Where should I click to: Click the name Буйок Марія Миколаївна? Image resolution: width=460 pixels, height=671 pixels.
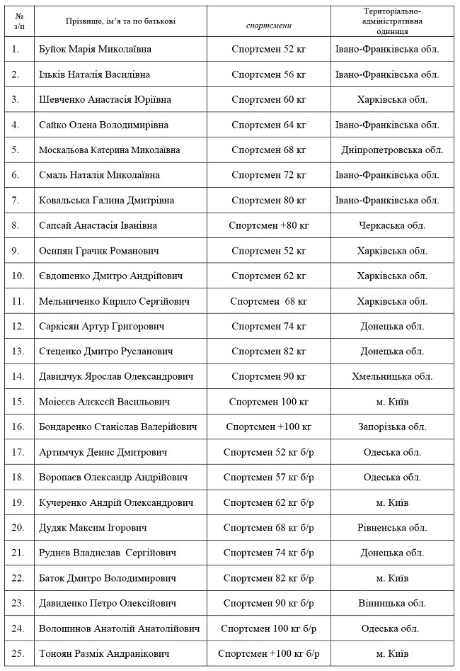coord(96,50)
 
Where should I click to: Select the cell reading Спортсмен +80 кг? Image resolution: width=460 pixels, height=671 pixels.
coord(268,225)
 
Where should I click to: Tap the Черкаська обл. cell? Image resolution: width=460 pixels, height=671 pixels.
coord(391,225)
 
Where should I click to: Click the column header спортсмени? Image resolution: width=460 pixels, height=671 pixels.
coord(268,25)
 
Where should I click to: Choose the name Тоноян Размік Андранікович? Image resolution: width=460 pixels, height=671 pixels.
coord(105,653)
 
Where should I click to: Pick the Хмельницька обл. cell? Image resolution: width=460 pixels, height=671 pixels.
coord(391,376)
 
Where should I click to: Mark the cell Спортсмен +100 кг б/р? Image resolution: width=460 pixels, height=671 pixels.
coord(268,653)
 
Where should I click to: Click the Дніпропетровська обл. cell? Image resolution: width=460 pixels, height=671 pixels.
coord(391,150)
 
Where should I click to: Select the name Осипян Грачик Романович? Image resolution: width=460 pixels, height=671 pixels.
coord(99,251)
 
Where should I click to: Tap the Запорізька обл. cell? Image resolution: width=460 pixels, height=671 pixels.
coord(391,427)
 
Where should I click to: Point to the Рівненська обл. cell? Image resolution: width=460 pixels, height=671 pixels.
coord(391,527)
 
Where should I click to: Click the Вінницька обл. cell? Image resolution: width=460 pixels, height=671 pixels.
coord(391,603)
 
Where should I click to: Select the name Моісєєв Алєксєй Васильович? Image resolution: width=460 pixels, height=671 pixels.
coord(105,402)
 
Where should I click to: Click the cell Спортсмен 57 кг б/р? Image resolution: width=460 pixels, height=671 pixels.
coord(268,477)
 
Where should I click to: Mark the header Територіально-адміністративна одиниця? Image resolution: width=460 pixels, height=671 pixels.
coord(391,21)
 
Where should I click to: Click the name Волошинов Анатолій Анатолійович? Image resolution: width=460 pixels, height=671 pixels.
coord(120,628)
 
